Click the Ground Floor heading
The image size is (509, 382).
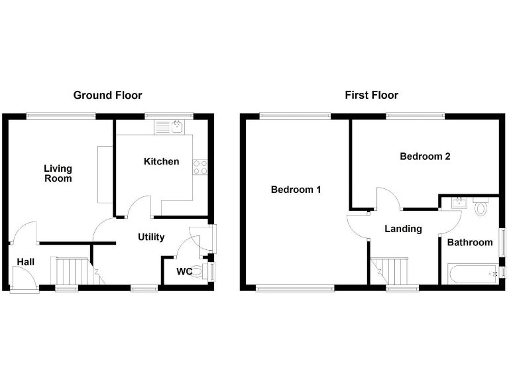[x=107, y=95]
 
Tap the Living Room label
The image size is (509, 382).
[x=58, y=174]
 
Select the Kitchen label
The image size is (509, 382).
[x=161, y=161]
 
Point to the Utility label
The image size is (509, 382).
[x=151, y=237]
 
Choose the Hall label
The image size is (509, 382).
[x=26, y=262]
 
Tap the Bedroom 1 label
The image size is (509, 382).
[x=296, y=190]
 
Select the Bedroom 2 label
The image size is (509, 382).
[x=425, y=157]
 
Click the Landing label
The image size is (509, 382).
[x=404, y=229]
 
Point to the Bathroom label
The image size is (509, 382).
[x=470, y=242]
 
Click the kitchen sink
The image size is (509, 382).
[x=176, y=127]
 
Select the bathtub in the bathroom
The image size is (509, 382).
[x=473, y=273]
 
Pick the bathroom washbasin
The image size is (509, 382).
[x=457, y=202]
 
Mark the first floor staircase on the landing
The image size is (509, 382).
[x=394, y=271]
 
